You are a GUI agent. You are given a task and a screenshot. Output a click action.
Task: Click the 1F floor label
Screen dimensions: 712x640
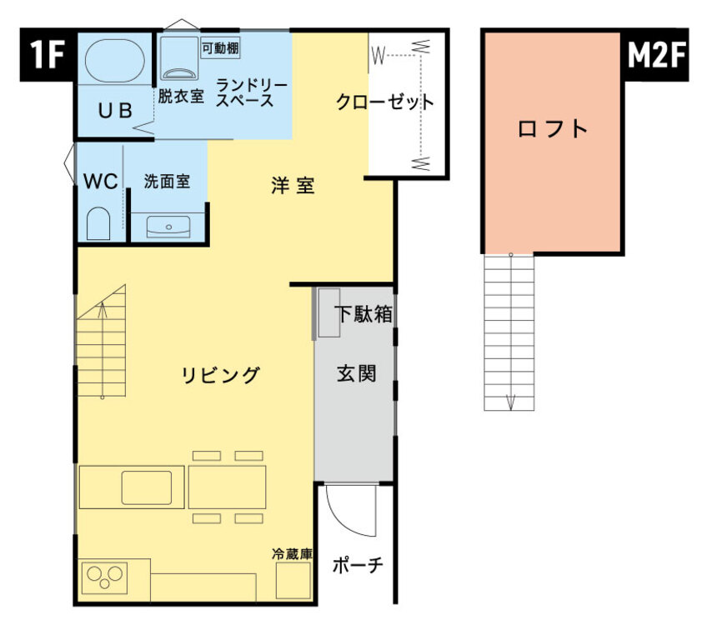pos(47,54)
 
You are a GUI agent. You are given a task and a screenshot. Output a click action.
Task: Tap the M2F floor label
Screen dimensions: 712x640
pos(655,54)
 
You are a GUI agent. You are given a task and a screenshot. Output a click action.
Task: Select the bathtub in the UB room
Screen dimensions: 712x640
pos(115,60)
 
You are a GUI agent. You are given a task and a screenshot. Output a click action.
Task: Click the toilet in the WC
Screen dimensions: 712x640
pos(98,223)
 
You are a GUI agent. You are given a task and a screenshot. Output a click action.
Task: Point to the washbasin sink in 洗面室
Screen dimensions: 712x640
pos(168,227)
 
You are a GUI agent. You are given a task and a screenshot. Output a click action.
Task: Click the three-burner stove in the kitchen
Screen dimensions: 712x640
pos(104,577)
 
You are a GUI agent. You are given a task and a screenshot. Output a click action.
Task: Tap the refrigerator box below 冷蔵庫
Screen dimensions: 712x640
pos(293,580)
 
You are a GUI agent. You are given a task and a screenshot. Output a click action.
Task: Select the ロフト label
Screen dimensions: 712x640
pos(553,129)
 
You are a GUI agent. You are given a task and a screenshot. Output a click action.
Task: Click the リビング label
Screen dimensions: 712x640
pos(220,375)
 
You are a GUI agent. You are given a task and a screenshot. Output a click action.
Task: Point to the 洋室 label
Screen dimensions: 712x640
pos(293,185)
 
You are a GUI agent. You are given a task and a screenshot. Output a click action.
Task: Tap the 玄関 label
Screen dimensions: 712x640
pos(357,374)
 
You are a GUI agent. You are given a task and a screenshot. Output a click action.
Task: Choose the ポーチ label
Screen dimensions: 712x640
pos(358,566)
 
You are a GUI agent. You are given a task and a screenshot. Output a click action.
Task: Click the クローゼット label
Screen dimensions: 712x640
pos(385,102)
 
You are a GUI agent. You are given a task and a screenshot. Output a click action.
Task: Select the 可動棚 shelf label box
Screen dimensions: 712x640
pos(220,48)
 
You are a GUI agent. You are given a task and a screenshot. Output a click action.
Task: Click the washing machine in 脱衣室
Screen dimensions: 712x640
pos(179,58)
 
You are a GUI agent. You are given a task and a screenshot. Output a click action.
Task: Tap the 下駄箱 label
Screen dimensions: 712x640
pos(364,313)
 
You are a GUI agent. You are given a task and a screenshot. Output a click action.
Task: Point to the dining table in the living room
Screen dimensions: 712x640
pos(227,487)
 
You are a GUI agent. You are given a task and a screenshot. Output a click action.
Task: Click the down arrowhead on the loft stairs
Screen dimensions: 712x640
pos(510,402)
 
